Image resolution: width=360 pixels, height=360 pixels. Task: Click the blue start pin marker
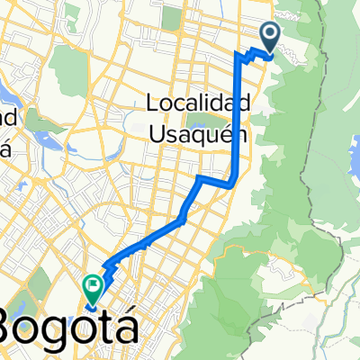pos(270,35)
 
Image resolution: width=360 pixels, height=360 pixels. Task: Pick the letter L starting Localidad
pos(151,104)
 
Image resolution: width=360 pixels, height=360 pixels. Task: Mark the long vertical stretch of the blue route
pos(237,117)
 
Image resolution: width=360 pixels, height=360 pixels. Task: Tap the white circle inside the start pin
pos(270,33)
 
